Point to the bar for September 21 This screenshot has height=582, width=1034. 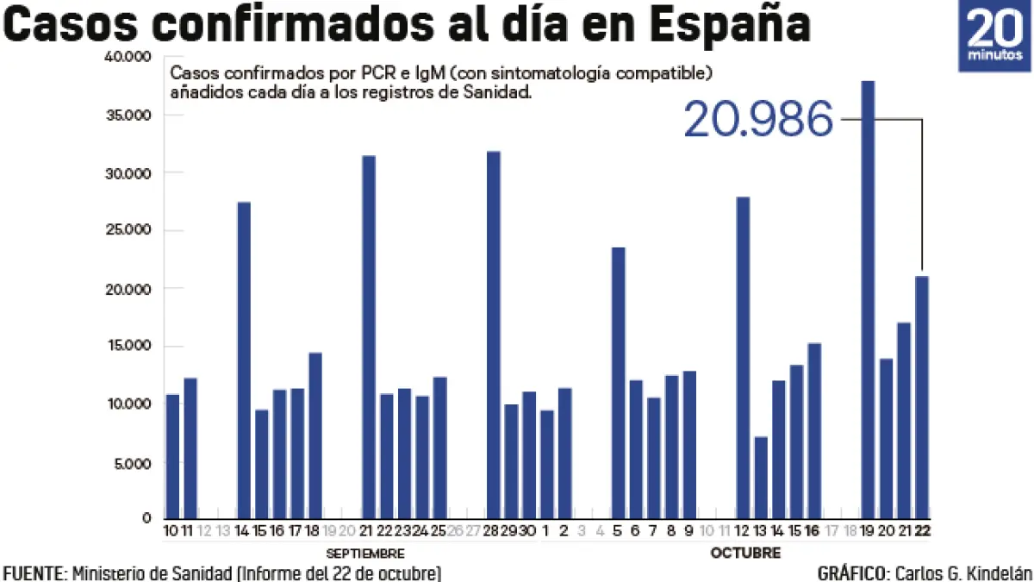[369, 336]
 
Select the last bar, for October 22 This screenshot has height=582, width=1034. [922, 397]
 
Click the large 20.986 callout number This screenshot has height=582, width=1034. [758, 120]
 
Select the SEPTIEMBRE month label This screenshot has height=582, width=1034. [365, 553]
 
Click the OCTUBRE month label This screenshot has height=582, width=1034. [745, 553]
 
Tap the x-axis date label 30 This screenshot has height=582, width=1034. [528, 530]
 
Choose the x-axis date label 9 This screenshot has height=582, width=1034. [688, 530]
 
